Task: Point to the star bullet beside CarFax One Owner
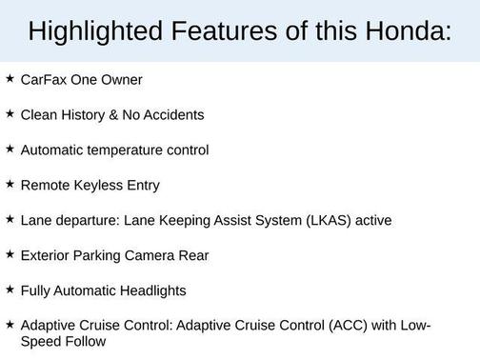coord(10,78)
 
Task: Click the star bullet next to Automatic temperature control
coord(10,149)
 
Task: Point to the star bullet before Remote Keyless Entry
coord(10,184)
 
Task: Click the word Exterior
coord(46,255)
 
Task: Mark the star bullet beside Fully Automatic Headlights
coord(10,290)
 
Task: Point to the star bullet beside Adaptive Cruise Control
coord(10,325)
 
